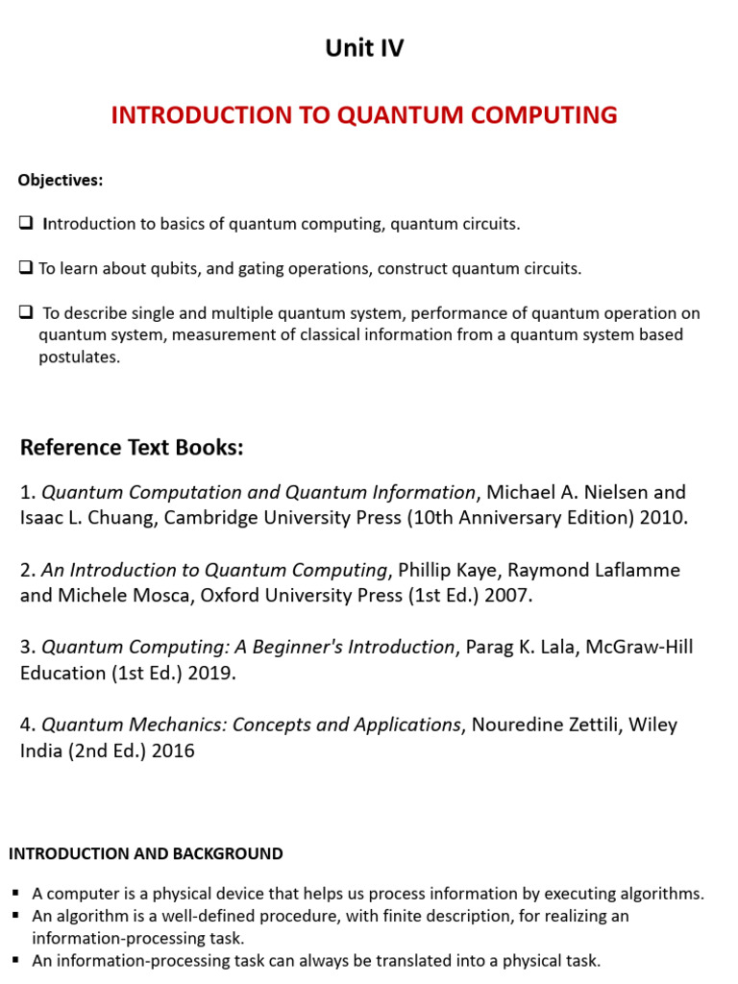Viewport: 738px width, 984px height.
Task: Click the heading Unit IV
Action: (x=364, y=49)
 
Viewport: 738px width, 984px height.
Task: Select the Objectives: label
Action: (x=60, y=181)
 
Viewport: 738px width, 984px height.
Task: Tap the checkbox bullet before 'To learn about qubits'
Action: (x=26, y=269)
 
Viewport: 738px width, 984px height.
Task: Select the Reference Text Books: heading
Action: (x=132, y=448)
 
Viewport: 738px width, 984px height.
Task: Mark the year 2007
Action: (x=509, y=596)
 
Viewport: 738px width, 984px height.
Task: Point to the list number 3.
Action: (x=26, y=647)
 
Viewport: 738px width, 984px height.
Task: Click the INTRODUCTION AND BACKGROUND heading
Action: (x=146, y=853)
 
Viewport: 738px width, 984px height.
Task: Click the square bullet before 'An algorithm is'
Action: (x=19, y=917)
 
